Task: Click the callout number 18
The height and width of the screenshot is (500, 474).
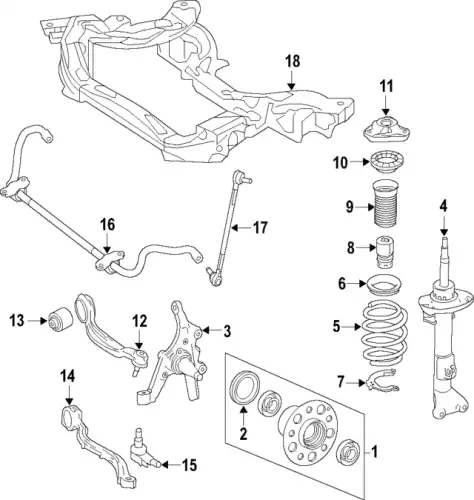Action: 292,62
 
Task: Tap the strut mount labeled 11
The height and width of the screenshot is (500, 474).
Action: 386,131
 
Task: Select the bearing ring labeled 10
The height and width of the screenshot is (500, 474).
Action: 386,162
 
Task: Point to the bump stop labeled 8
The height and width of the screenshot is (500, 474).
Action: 385,251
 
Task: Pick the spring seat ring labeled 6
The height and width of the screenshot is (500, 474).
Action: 384,285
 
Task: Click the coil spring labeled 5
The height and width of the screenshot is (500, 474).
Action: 384,334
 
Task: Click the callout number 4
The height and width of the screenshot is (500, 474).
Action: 443,207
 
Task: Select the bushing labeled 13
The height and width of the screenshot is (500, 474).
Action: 60,320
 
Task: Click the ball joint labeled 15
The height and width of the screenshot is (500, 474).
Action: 144,448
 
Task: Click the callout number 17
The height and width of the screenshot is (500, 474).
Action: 260,228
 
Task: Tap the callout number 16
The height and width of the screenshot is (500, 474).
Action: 107,225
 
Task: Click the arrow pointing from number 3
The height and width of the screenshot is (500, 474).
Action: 211,330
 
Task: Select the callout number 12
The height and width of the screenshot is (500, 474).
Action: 140,321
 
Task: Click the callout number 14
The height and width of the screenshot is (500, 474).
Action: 68,377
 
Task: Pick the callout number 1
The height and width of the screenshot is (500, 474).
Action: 375,452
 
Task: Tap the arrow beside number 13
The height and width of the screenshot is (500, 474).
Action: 38,321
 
